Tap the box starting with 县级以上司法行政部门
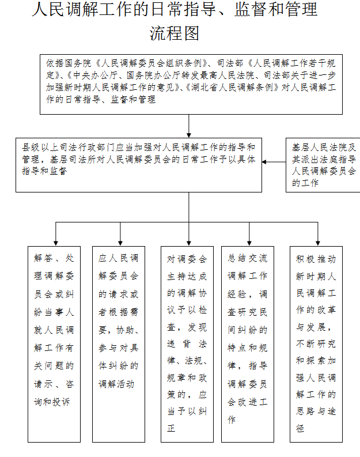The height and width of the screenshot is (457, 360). coord(138,165)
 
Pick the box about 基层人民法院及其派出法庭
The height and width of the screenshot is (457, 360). coord(323,165)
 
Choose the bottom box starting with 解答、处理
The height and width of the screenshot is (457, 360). coord(54,344)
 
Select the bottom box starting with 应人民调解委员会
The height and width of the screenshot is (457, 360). coord(119,344)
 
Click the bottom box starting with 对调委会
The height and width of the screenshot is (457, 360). coord(187,344)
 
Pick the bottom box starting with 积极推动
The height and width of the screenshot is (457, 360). coord(316,344)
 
